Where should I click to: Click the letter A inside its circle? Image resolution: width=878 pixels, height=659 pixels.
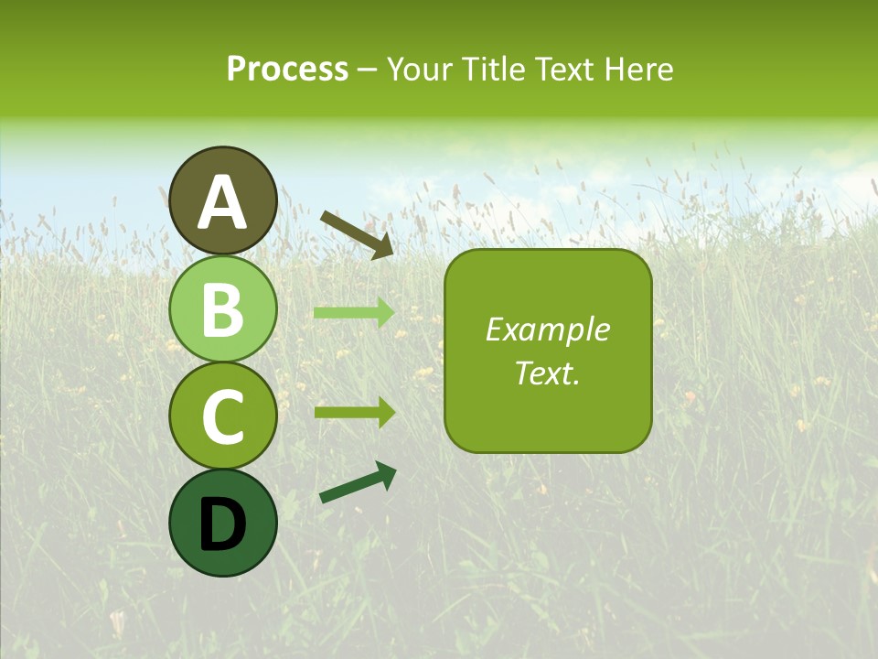[x=223, y=203]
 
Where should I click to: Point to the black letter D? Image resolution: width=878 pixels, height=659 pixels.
[x=223, y=524]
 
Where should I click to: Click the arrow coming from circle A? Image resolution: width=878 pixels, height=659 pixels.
[x=358, y=233]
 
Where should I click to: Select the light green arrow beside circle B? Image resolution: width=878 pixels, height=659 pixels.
[x=355, y=313]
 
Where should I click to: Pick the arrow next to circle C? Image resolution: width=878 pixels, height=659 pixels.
[x=355, y=412]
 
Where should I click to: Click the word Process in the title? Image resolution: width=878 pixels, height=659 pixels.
[x=287, y=70]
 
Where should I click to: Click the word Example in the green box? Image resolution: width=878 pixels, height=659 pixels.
[x=547, y=330]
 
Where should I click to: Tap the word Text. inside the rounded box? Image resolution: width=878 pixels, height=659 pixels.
[x=547, y=373]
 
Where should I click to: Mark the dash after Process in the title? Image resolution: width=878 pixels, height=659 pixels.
[x=368, y=70]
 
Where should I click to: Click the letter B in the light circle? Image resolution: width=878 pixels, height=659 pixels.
[x=223, y=310]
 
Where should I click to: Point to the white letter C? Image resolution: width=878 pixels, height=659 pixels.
[x=223, y=416]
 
